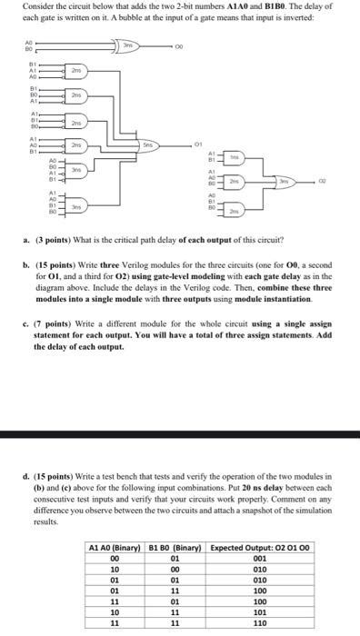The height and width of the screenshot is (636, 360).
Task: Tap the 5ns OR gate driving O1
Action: (149, 144)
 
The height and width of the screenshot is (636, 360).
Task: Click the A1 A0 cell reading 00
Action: (115, 560)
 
